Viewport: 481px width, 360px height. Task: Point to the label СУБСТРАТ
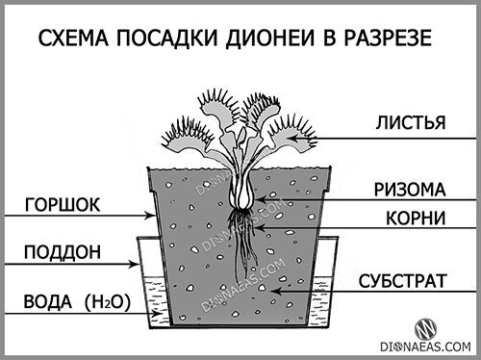[401, 282]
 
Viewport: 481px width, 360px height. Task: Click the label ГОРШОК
[63, 204]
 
